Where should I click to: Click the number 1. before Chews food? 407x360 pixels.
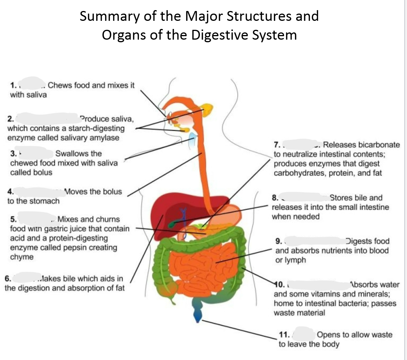point(13,85)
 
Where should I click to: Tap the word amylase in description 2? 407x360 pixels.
point(104,138)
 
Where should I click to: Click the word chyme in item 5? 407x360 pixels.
point(21,257)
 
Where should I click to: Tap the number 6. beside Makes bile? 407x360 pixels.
point(8,279)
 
